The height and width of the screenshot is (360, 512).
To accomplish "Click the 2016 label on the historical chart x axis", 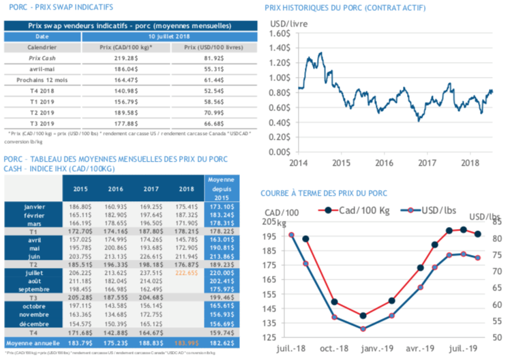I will tap(385, 164).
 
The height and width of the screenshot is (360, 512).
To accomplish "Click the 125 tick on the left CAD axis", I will tap(268, 337).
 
